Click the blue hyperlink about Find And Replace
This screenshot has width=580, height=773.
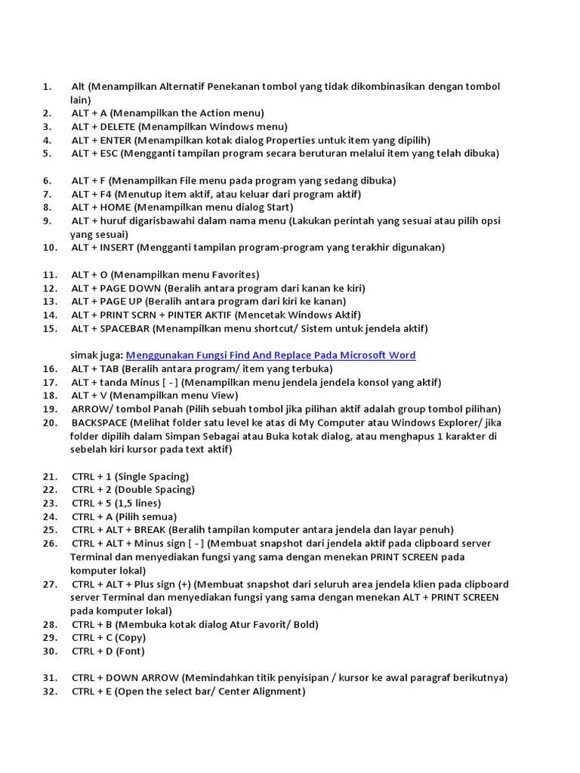[270, 356]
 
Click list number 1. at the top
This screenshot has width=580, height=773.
[47, 87]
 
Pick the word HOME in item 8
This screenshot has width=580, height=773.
[113, 208]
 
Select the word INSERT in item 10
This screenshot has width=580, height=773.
[117, 248]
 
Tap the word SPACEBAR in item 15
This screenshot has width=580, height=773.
[125, 328]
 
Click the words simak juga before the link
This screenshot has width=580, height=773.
[97, 356]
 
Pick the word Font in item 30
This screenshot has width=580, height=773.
[130, 651]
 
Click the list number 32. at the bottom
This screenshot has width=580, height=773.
[51, 691]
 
